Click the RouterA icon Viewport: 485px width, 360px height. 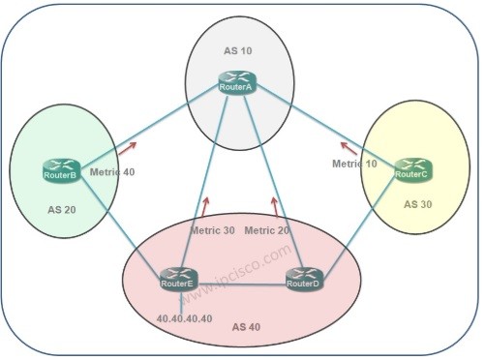pos(236,84)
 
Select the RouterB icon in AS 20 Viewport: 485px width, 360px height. pos(61,170)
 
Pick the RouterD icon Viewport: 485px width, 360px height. pos(303,279)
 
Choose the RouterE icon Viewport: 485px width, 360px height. pos(177,279)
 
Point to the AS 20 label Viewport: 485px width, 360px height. pos(62,209)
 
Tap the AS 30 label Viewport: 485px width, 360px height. pos(418,205)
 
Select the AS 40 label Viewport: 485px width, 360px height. pos(248,326)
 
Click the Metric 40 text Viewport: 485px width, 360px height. pos(112,172)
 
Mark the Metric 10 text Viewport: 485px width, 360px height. pos(354,165)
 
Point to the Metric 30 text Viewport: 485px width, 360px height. pos(213,230)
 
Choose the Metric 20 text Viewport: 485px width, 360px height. pos(266,230)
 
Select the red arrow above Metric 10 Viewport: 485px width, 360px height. pos(345,146)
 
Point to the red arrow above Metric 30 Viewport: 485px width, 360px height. pos(205,205)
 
